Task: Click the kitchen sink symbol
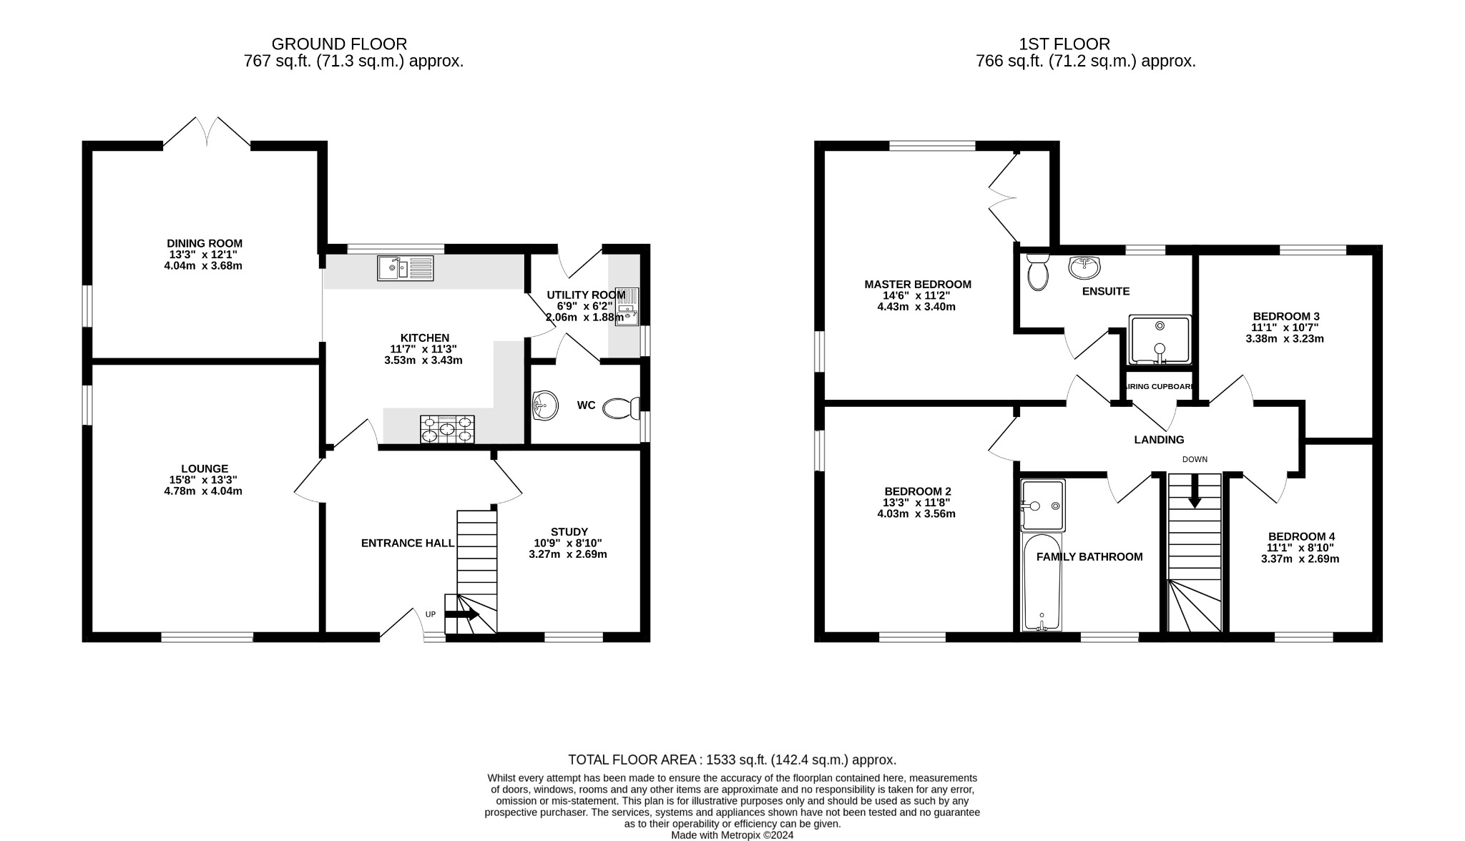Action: point(406,268)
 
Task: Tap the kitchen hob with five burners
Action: point(447,429)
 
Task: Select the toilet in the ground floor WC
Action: point(620,408)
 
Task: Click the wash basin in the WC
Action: point(545,405)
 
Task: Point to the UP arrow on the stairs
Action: point(462,614)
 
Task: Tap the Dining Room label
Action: point(205,243)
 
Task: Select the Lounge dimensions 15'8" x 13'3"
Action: point(204,480)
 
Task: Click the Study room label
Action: point(569,531)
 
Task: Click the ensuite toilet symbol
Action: point(1037,271)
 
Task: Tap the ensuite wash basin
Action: point(1084,267)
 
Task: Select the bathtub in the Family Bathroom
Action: point(1042,582)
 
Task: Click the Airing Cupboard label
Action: point(1160,387)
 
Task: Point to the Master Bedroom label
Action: point(918,284)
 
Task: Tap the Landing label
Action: point(1159,440)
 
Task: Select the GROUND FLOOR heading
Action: point(339,44)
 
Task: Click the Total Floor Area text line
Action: point(732,759)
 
